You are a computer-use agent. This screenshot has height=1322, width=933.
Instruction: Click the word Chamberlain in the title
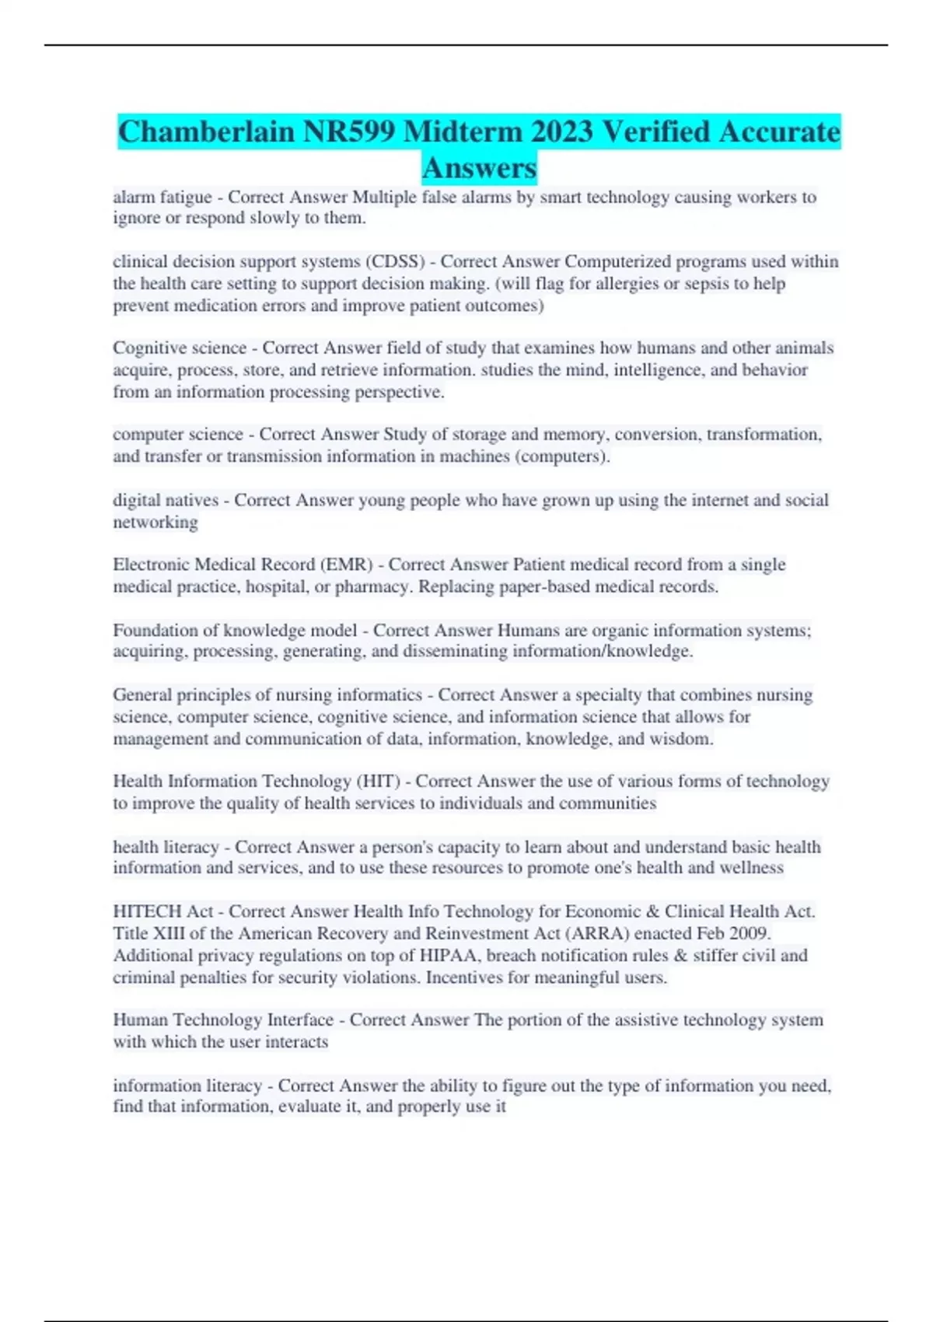[x=206, y=131]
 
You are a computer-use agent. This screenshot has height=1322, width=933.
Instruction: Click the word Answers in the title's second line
[x=480, y=167]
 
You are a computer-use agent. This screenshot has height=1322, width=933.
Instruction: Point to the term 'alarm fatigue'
[x=162, y=198]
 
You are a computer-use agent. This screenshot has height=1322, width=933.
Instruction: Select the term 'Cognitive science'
[x=180, y=348]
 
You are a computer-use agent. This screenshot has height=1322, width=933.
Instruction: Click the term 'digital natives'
[x=166, y=500]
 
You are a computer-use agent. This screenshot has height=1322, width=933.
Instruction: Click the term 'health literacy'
[x=166, y=847]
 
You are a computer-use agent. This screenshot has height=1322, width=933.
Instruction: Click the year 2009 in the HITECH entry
[x=749, y=933]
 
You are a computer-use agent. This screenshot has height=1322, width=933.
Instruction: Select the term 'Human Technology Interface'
[x=223, y=1019]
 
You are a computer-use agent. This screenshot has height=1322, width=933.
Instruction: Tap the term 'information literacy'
[x=187, y=1086]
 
